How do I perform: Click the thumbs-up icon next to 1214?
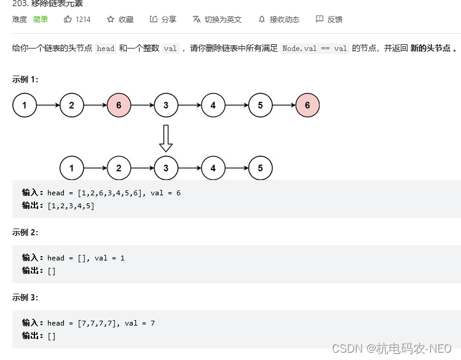pyautogui.click(x=68, y=19)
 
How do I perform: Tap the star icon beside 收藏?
pyautogui.click(x=111, y=19)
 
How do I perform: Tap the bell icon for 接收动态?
pyautogui.click(x=262, y=19)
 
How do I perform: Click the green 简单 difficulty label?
pyautogui.click(x=41, y=19)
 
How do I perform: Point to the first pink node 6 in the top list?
pyautogui.click(x=119, y=105)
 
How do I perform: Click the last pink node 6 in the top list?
pyautogui.click(x=307, y=105)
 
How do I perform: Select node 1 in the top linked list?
pyautogui.click(x=25, y=105)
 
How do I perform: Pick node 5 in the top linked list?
pyautogui.click(x=261, y=105)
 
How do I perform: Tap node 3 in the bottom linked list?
pyautogui.click(x=166, y=168)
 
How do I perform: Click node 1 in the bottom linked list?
pyautogui.click(x=72, y=168)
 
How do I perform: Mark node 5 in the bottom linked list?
pyautogui.click(x=261, y=168)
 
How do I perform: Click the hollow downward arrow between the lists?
pyautogui.click(x=166, y=138)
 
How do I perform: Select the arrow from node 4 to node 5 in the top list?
pyautogui.click(x=237, y=105)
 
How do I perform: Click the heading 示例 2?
pyautogui.click(x=25, y=232)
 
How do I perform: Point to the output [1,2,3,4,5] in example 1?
pyautogui.click(x=71, y=206)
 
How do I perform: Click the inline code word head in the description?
pyautogui.click(x=106, y=49)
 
